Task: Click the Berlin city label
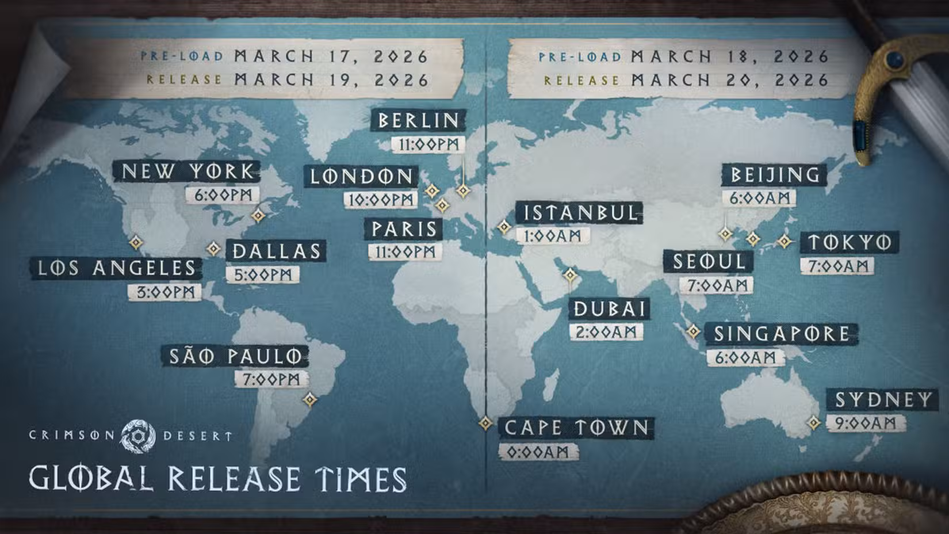pos(418,120)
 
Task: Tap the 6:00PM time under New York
pos(223,194)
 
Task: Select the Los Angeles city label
pos(116,268)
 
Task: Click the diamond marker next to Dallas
pos(214,249)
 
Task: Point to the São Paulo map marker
pos(310,399)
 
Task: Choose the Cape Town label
pos(576,428)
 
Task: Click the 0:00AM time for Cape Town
pos(537,452)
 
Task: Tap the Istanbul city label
pos(580,213)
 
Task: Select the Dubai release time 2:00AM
pos(606,332)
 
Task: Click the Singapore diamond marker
pos(694,331)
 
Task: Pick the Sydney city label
pos(883,399)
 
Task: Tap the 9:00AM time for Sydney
pos(865,423)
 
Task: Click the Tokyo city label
pos(849,242)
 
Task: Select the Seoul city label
pos(709,262)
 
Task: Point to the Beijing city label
pos(774,174)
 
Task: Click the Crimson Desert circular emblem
pos(138,436)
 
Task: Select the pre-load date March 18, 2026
pos(729,56)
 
